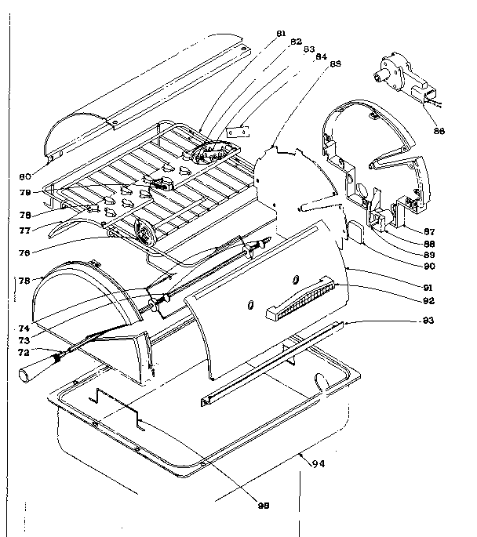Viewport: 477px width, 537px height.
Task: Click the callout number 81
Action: (x=282, y=33)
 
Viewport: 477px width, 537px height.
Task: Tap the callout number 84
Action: (x=322, y=56)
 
